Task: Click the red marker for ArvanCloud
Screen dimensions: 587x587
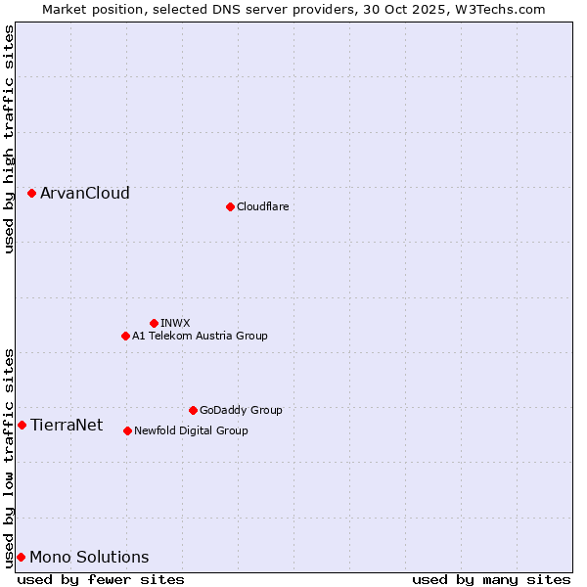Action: pyautogui.click(x=32, y=194)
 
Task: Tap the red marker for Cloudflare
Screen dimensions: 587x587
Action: pyautogui.click(x=230, y=206)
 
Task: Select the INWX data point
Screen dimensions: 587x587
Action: pyautogui.click(x=154, y=323)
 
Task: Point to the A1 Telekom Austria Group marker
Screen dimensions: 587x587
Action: pyautogui.click(x=125, y=336)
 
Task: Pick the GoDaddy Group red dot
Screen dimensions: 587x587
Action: pyautogui.click(x=193, y=410)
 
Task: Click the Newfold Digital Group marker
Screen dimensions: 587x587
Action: pyautogui.click(x=127, y=430)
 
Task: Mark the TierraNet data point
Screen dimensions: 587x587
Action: pyautogui.click(x=23, y=425)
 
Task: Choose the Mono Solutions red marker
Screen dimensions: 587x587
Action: pyautogui.click(x=22, y=557)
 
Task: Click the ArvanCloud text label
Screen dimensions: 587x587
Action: pyautogui.click(x=85, y=194)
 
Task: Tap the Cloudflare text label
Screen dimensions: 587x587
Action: pyautogui.click(x=262, y=206)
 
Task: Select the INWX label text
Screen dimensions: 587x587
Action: pyautogui.click(x=175, y=323)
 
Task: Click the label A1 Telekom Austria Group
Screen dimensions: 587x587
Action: pyautogui.click(x=200, y=336)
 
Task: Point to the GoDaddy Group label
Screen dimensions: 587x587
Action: pyautogui.click(x=241, y=410)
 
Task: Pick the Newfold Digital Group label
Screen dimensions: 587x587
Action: pyautogui.click(x=191, y=430)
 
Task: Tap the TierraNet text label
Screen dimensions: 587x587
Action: pyautogui.click(x=67, y=425)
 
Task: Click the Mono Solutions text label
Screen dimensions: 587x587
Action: pyautogui.click(x=89, y=557)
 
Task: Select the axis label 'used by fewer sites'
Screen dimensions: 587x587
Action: pyautogui.click(x=101, y=579)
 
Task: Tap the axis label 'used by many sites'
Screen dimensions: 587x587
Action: pyautogui.click(x=491, y=579)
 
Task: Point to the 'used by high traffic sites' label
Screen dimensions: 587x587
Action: pyautogui.click(x=9, y=139)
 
